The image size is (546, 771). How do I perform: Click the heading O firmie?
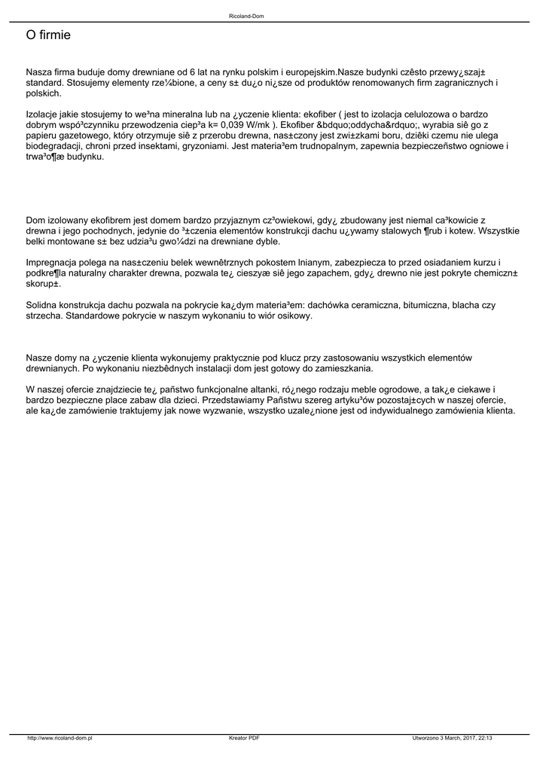coord(48,35)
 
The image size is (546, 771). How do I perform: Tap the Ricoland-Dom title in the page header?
coord(246,16)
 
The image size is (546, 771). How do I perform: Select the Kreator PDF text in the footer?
coord(244,738)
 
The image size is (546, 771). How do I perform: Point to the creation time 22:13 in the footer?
coord(485,738)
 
